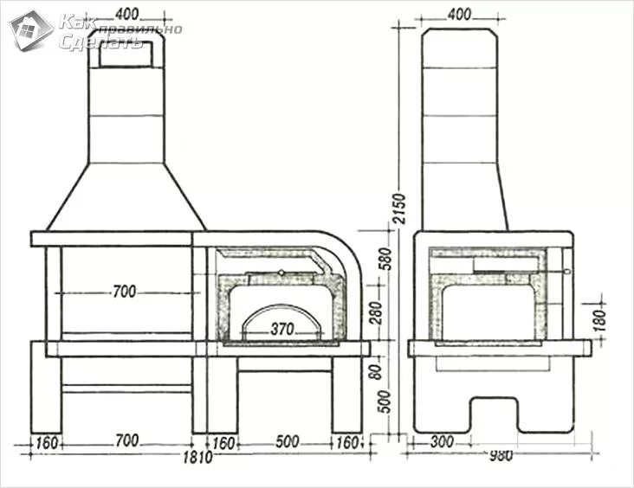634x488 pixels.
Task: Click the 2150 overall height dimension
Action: click(398, 208)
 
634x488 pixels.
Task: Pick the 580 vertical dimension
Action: click(376, 259)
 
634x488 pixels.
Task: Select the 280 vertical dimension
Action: click(376, 311)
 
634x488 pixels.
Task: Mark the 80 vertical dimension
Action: click(376, 370)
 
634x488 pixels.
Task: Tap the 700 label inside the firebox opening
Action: click(125, 292)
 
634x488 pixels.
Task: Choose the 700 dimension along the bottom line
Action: click(126, 441)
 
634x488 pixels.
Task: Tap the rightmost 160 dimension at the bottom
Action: click(346, 441)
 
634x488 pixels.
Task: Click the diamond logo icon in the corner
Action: click(31, 30)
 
